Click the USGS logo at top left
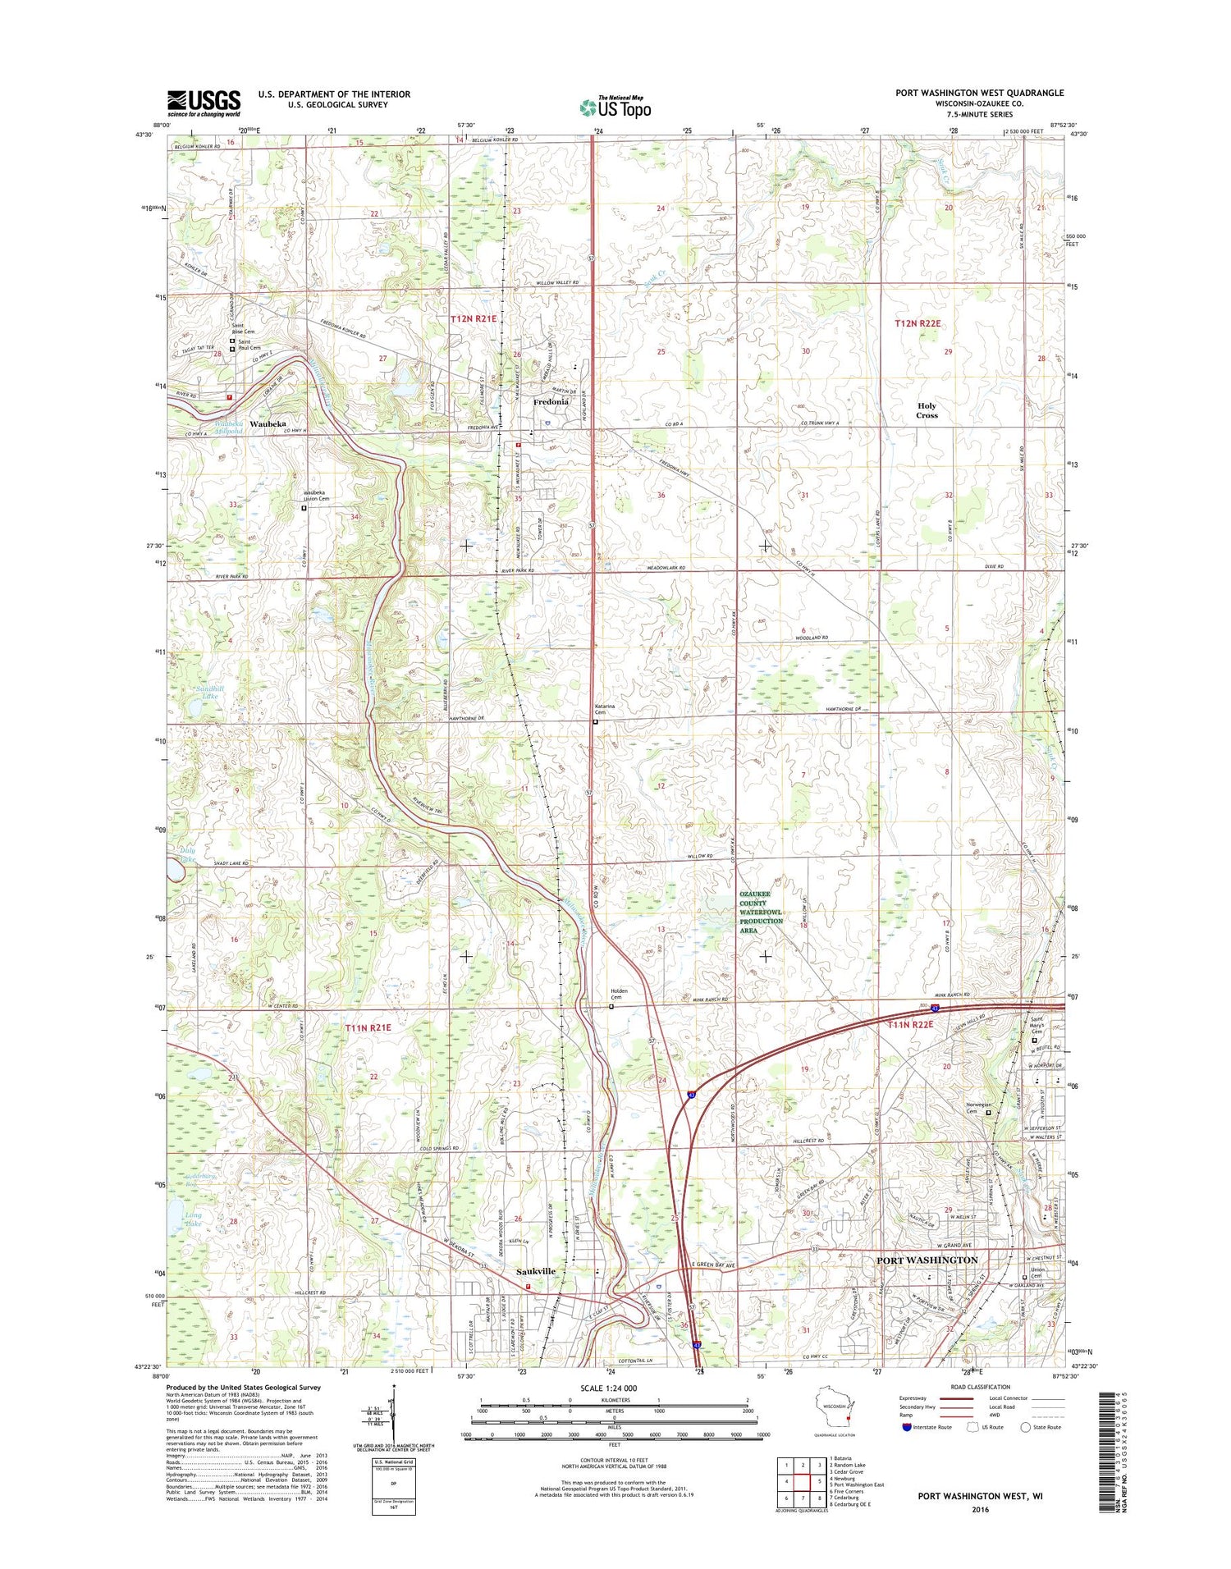[204, 103]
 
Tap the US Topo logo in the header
[615, 107]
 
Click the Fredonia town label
[551, 402]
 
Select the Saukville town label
[536, 1271]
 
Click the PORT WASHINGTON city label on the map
[927, 1260]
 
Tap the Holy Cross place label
[927, 410]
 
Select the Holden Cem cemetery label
[619, 995]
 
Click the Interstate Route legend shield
[907, 1427]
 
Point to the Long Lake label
[194, 1219]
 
